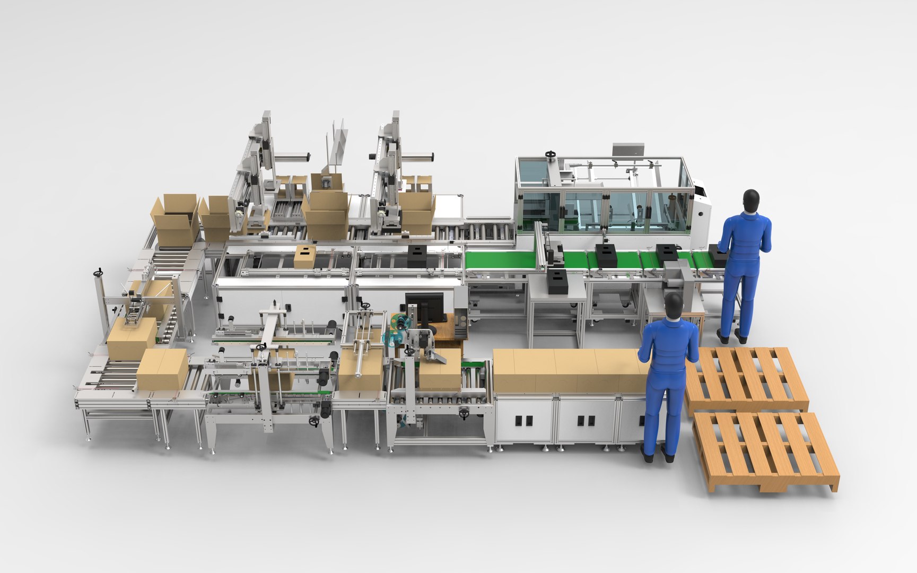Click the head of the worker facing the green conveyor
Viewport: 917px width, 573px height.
tap(750, 201)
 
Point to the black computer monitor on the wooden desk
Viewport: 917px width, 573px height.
tap(425, 308)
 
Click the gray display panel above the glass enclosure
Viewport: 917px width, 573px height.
tap(628, 149)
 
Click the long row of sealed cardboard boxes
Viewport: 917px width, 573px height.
tap(570, 370)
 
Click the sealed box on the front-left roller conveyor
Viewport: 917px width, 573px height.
tap(162, 369)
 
